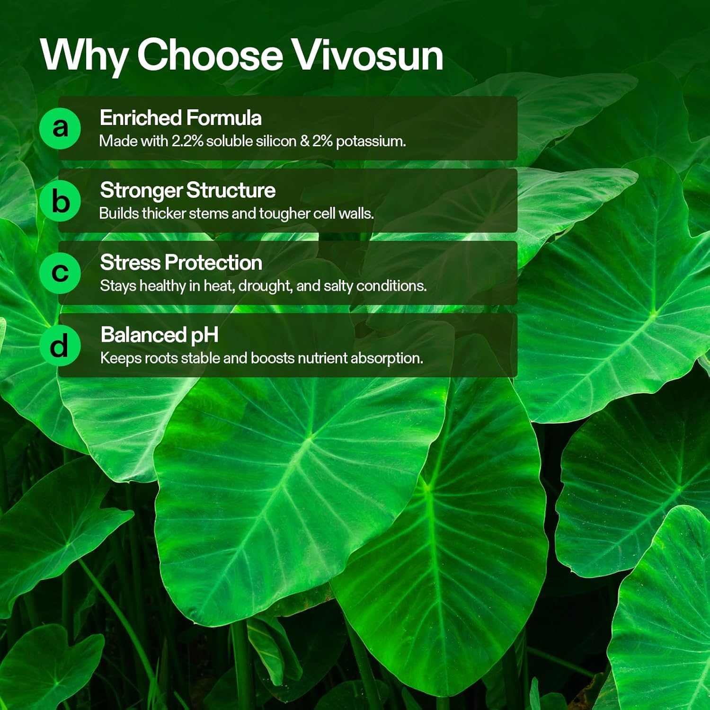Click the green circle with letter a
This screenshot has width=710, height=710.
click(60, 128)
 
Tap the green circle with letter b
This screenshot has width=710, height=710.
click(60, 201)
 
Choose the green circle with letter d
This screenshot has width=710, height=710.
click(60, 346)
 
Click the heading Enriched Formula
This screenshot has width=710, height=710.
click(180, 118)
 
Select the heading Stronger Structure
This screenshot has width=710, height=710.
click(187, 190)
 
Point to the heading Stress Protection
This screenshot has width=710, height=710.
click(181, 263)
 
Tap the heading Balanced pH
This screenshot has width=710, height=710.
click(160, 335)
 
